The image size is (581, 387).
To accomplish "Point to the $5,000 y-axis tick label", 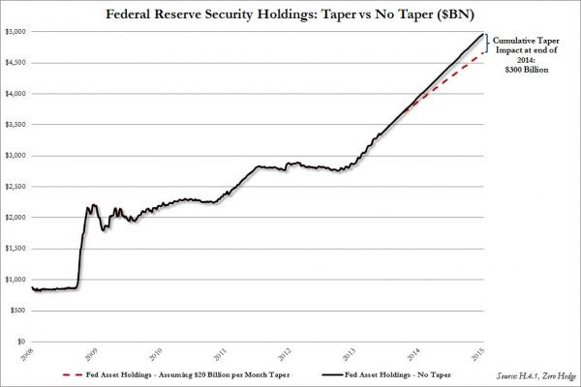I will [x=16, y=31].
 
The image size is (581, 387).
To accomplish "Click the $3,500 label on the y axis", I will [x=16, y=124].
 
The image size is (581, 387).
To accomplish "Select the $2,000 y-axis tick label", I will [x=16, y=217].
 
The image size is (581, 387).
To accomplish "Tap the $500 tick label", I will [x=18, y=310].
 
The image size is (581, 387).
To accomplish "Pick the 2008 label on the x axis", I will [x=31, y=354].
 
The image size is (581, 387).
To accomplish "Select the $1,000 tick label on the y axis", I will [x=16, y=279].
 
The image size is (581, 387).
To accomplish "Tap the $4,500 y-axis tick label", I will [x=16, y=62].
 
